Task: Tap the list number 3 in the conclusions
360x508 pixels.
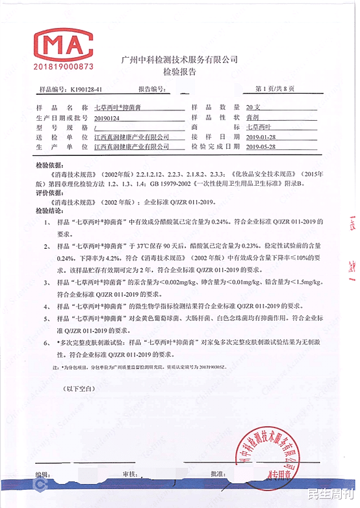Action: point(47,283)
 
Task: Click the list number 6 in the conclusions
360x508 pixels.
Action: point(47,341)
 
